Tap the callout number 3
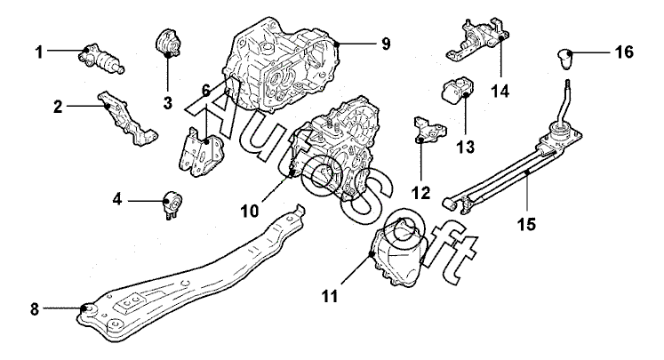point(167,102)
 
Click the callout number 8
point(35,309)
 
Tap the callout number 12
point(420,191)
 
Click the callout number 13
point(462,144)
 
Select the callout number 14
point(500,91)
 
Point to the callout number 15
point(526,225)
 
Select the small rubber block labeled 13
point(459,92)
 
